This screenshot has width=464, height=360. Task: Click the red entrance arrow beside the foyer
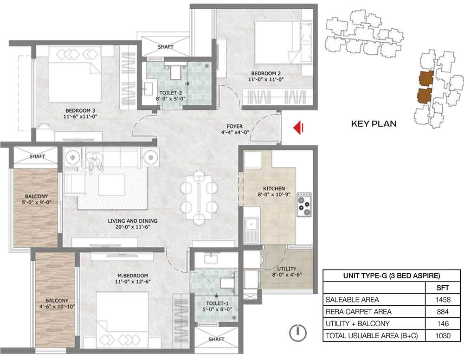pyautogui.click(x=298, y=128)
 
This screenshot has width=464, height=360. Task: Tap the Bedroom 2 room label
pyautogui.click(x=266, y=73)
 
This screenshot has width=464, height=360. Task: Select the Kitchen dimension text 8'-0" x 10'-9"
pyautogui.click(x=274, y=194)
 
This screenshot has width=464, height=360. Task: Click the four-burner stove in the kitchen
pyautogui.click(x=304, y=204)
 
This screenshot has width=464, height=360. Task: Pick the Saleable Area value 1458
pyautogui.click(x=443, y=300)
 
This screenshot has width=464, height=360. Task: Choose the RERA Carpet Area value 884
pyautogui.click(x=443, y=311)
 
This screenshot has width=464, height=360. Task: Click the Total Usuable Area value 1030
pyautogui.click(x=443, y=335)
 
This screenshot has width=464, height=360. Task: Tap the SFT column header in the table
pyautogui.click(x=443, y=288)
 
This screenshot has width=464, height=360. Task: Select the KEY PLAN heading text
pyautogui.click(x=374, y=123)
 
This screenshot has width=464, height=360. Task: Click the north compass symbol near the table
pyautogui.click(x=298, y=333)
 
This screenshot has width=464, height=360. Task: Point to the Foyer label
pyautogui.click(x=235, y=126)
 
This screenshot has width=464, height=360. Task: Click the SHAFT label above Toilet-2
pyautogui.click(x=166, y=47)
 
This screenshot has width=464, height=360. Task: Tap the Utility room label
pyautogui.click(x=286, y=269)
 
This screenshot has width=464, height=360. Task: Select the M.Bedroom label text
pyautogui.click(x=133, y=276)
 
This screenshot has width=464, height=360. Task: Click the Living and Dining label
pyautogui.click(x=133, y=221)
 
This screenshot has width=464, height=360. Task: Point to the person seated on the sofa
pyautogui.click(x=95, y=162)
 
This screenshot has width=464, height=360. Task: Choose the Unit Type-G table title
pyautogui.click(x=392, y=276)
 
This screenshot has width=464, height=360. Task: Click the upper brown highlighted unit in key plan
pyautogui.click(x=426, y=78)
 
